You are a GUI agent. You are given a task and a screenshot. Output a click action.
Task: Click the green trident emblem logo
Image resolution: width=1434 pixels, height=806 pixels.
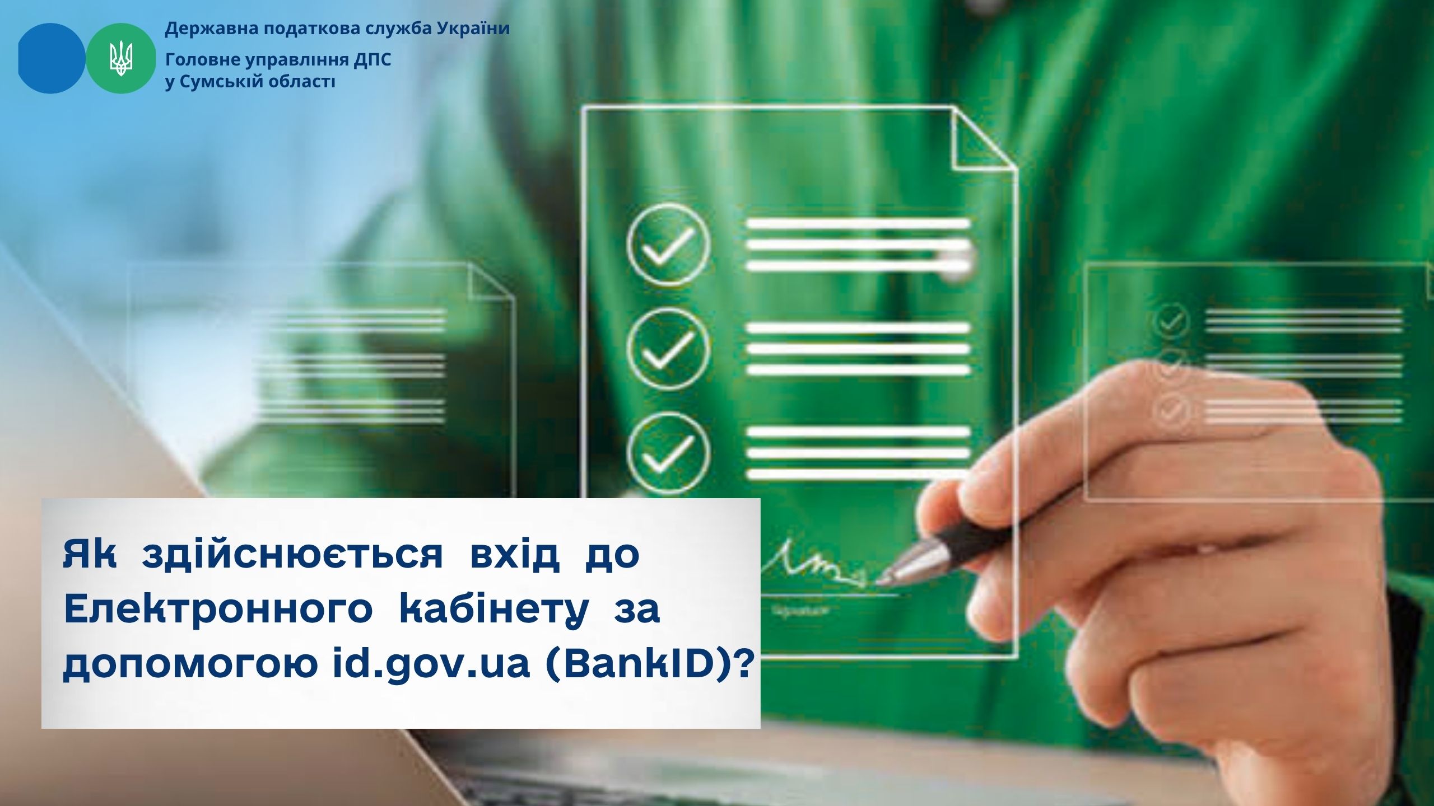click(x=121, y=58)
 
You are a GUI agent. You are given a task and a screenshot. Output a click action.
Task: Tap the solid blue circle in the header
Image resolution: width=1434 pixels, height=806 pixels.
click(x=52, y=58)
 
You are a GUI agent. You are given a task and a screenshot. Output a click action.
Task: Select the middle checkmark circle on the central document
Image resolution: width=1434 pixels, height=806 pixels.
click(x=669, y=349)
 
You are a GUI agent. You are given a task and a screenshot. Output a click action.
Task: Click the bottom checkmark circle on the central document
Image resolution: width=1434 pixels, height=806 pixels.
click(x=669, y=453)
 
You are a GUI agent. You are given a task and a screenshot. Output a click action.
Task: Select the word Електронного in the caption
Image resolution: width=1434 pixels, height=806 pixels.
click(x=218, y=610)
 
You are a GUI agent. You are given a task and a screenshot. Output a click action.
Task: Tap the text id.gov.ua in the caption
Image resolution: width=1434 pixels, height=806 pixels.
click(x=430, y=667)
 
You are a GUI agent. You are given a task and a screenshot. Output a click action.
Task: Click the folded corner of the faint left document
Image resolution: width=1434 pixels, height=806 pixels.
click(x=491, y=284)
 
